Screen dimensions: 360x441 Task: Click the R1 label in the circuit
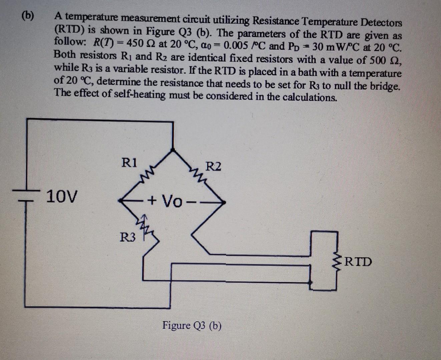[x=129, y=163]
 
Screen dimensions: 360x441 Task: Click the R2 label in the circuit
[x=213, y=166]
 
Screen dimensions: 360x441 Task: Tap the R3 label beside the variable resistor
[x=128, y=238]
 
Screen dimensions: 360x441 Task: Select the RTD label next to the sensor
[x=358, y=262]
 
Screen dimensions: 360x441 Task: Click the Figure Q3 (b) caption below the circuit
[x=192, y=325]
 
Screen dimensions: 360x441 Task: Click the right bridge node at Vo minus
[x=224, y=202]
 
